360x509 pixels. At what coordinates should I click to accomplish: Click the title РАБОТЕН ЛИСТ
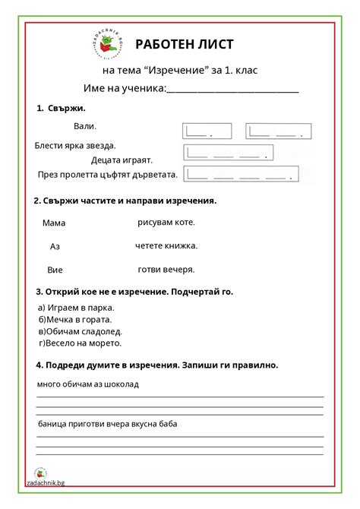tap(185, 46)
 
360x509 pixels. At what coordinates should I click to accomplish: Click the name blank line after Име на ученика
tap(232, 90)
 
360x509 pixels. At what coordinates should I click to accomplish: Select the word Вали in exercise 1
tap(85, 126)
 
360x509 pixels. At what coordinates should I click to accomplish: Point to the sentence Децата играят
tap(122, 160)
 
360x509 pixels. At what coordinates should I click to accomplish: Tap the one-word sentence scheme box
tap(206, 131)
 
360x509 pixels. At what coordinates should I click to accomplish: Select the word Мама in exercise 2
tap(54, 223)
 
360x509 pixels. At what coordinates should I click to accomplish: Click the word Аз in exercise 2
tap(55, 246)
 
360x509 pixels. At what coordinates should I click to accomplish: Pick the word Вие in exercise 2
tap(55, 270)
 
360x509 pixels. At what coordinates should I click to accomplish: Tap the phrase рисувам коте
tap(166, 223)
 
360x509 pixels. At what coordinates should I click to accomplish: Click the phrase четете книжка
tap(166, 245)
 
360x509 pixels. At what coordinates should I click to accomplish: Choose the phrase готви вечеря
tap(166, 269)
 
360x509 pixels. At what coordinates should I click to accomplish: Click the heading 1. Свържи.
tap(61, 109)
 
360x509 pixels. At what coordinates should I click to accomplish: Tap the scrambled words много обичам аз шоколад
tap(87, 384)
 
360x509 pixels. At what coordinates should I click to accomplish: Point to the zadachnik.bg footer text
tap(45, 482)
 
